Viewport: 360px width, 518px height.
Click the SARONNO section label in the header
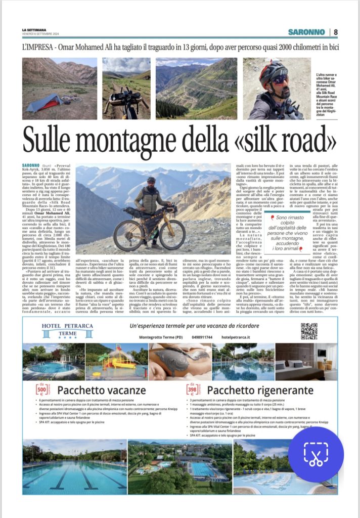click(x=306, y=32)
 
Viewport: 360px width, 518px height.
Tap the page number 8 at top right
click(x=336, y=32)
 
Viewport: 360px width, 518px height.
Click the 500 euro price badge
click(x=42, y=390)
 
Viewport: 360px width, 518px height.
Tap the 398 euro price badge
click(x=193, y=390)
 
